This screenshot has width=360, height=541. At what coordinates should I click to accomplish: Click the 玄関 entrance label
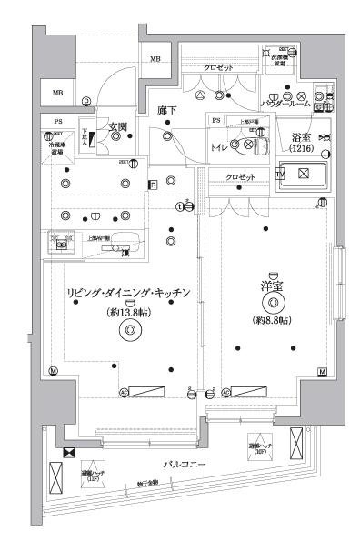point(117,126)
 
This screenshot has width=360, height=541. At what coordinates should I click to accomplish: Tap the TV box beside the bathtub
point(281,172)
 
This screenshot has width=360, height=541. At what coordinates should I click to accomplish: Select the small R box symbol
point(154,185)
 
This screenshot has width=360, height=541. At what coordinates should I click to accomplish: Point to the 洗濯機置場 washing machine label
point(284,62)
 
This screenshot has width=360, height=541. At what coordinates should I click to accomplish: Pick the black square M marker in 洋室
point(322,372)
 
